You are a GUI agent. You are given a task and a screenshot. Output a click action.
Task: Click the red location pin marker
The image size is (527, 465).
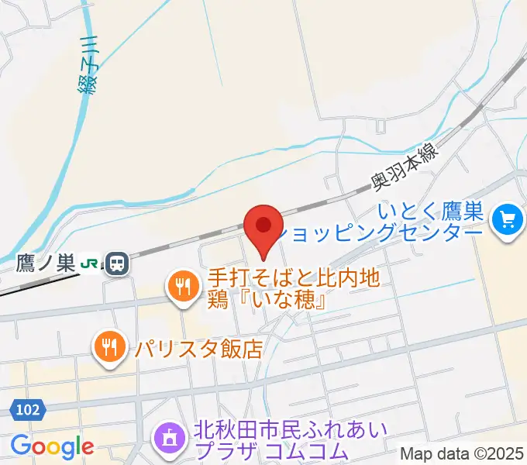coord(263,227)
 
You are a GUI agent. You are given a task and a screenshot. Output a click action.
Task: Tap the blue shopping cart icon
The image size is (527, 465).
coord(508,220)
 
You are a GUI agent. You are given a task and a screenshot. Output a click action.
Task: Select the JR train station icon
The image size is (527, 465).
coord(118,263)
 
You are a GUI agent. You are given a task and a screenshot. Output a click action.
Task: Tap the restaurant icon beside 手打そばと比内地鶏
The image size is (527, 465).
coord(181,288)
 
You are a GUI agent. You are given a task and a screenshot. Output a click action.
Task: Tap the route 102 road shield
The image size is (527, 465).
coord(24,408)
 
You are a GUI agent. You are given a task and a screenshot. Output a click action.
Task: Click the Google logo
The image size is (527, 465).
coord(52,446)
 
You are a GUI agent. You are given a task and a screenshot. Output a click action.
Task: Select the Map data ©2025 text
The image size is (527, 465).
coord(463,453)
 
